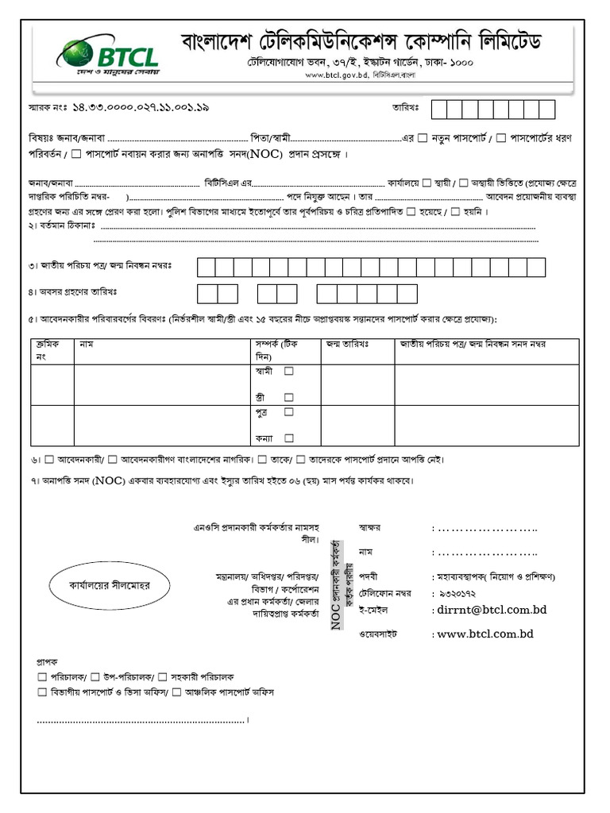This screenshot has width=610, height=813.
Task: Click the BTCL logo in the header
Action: (x=107, y=55)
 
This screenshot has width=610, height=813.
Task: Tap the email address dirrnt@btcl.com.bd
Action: (x=492, y=610)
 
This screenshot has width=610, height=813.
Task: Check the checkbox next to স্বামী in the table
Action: (x=289, y=371)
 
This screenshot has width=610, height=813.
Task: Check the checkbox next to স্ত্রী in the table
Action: (x=289, y=397)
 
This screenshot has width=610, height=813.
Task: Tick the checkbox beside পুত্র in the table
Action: (x=289, y=411)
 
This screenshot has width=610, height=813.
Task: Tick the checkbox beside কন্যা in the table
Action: (x=289, y=437)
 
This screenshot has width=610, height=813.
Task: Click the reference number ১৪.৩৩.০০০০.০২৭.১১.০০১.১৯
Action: (x=141, y=106)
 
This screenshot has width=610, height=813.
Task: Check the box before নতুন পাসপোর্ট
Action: (x=423, y=138)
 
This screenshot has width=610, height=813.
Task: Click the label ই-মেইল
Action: (x=374, y=609)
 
